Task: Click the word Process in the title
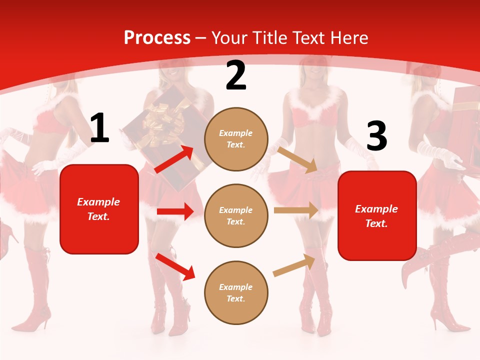[x=157, y=37]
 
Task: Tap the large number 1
[x=99, y=128]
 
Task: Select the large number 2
[x=236, y=75]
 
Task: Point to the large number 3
[x=376, y=136]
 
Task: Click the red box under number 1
[x=99, y=209]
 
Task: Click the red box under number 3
[x=377, y=215]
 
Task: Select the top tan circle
[x=236, y=139]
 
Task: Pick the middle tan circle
[x=236, y=215]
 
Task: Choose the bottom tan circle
[x=236, y=292]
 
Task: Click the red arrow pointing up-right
[x=174, y=159]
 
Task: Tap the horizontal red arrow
[x=175, y=211]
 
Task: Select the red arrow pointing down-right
[x=175, y=266]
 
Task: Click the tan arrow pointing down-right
[x=297, y=159]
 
